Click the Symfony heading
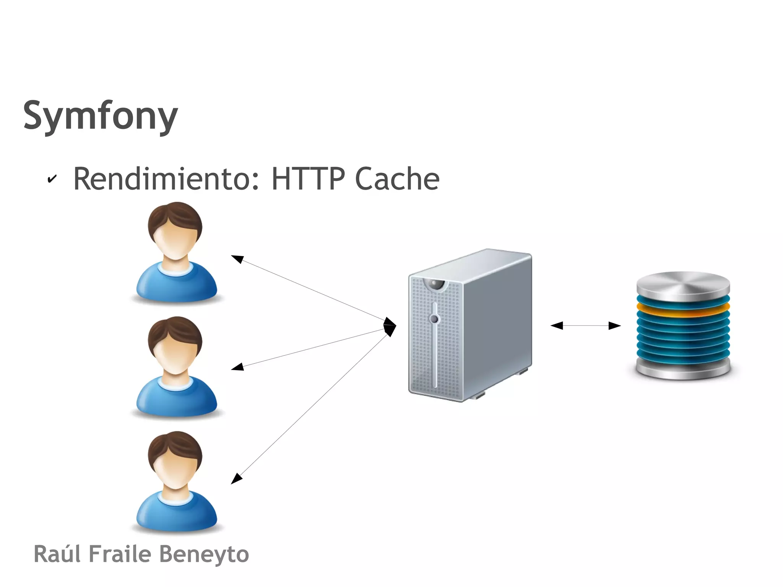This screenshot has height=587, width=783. (101, 115)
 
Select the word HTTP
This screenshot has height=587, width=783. (308, 179)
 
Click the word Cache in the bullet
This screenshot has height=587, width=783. (397, 179)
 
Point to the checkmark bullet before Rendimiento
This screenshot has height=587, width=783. (52, 179)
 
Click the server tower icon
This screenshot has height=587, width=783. (470, 325)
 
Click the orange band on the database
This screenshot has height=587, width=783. (683, 311)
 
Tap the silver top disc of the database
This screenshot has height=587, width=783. (683, 285)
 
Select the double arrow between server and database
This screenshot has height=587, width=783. (585, 326)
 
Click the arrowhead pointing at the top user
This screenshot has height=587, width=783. (237, 259)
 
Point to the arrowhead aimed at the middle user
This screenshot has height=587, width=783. (237, 367)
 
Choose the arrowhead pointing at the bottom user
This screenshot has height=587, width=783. (237, 478)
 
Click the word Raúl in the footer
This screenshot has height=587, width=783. (57, 554)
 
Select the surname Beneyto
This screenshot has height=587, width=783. (204, 554)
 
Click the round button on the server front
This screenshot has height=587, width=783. (434, 319)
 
